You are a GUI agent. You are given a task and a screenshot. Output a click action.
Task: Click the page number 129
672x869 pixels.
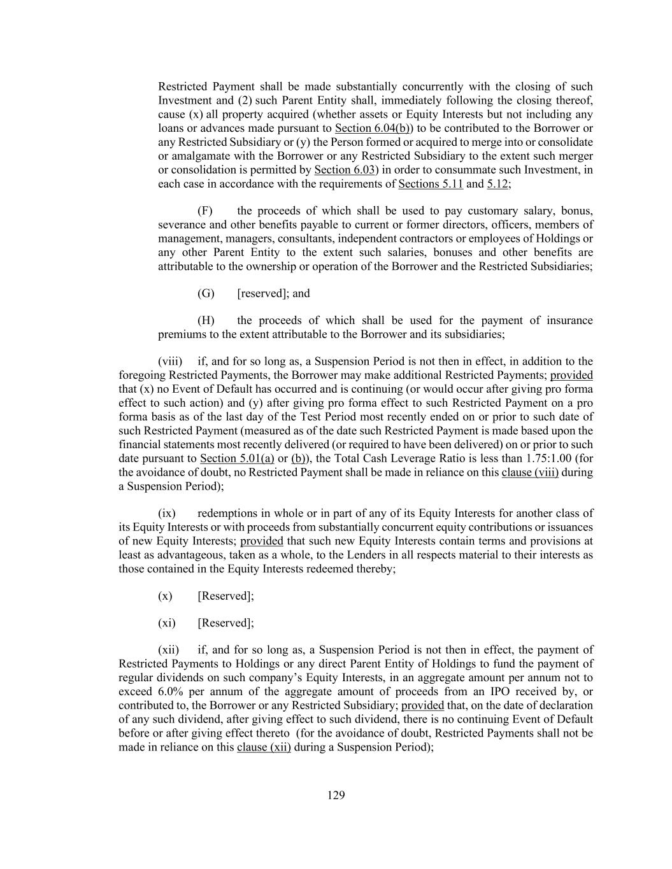[336, 795]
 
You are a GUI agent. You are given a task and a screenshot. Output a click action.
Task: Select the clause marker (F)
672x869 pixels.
[205, 211]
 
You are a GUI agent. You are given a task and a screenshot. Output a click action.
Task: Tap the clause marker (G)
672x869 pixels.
[206, 293]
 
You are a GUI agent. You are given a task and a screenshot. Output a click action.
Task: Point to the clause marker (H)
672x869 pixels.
[206, 320]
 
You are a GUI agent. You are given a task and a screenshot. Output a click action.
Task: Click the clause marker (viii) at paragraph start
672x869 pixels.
[170, 362]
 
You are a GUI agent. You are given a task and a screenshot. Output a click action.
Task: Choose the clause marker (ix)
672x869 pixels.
[167, 513]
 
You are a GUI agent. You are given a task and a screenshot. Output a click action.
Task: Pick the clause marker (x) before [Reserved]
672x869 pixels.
[165, 596]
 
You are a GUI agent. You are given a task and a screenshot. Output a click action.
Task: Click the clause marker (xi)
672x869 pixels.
[167, 623]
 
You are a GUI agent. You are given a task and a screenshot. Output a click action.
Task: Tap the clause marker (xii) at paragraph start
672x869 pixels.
[169, 650]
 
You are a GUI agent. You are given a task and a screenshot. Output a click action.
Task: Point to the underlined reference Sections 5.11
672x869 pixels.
[431, 184]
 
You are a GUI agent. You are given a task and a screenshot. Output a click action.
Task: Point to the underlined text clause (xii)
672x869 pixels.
[264, 747]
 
